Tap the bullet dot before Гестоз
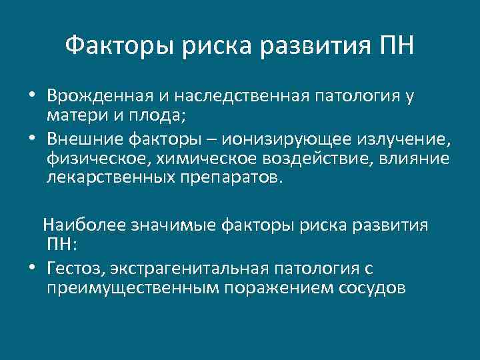tap(32, 268)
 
